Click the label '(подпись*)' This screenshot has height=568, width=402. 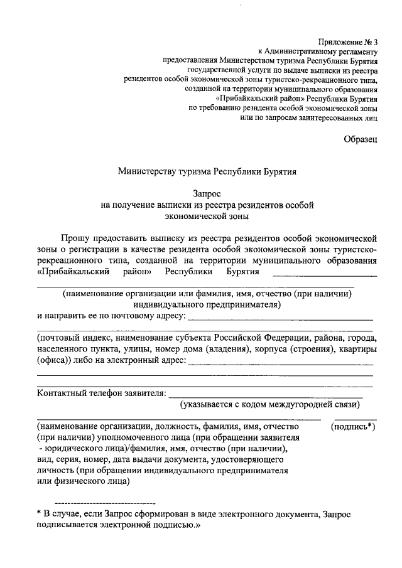(353, 426)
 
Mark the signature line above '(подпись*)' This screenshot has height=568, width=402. (356, 419)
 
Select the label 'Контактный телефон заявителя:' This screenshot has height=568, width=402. (100, 393)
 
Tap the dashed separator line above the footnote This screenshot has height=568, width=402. (105, 503)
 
